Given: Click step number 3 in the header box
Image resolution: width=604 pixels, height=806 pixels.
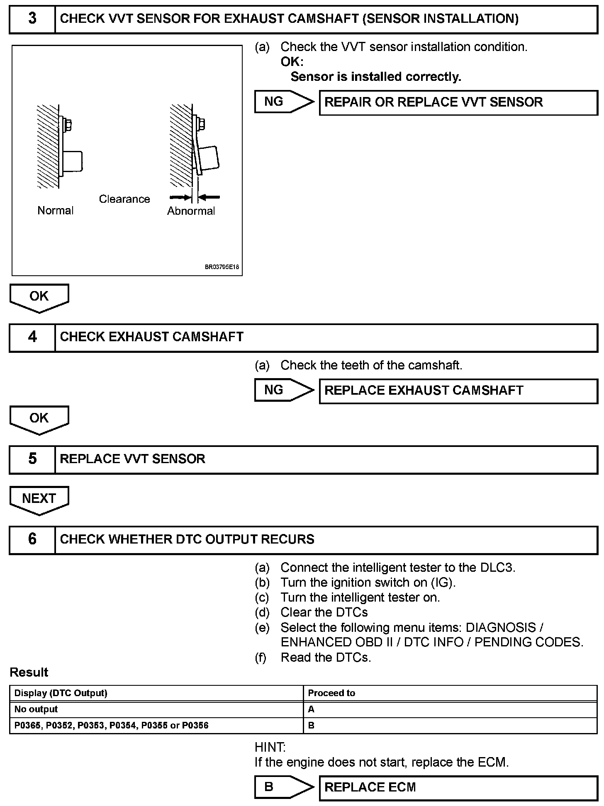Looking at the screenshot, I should [32, 19].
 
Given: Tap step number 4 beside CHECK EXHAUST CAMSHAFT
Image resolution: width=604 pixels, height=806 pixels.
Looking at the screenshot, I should [32, 337].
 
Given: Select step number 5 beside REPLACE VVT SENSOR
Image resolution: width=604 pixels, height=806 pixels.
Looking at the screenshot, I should [32, 459].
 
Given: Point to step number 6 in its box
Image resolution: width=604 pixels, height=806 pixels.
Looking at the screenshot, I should [32, 539].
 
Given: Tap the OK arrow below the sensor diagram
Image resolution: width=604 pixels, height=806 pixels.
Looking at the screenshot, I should [39, 297].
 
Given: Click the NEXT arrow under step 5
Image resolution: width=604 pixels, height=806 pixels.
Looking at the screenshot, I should [39, 499].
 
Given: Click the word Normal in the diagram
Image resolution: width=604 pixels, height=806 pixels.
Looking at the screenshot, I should [55, 211].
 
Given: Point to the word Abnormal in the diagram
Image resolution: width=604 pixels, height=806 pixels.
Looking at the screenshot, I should [191, 211].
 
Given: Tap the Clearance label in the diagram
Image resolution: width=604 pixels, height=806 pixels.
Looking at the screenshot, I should [124, 199].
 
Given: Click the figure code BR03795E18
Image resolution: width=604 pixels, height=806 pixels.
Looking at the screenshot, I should [222, 267].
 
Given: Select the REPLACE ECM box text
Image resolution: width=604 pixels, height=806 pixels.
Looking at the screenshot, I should [370, 787].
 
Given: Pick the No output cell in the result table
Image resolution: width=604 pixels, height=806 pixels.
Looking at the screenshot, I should [36, 709].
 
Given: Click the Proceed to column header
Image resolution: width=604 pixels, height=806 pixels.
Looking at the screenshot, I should [331, 693].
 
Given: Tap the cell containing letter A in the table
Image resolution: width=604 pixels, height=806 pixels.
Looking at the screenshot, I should [311, 709].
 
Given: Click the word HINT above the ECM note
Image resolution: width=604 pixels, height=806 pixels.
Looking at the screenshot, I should [270, 748].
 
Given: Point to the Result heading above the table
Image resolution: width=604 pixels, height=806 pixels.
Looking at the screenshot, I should [29, 672].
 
